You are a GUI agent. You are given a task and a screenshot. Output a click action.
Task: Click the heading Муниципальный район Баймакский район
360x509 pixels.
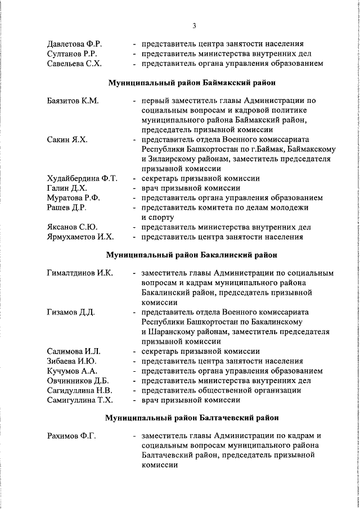click(192, 83)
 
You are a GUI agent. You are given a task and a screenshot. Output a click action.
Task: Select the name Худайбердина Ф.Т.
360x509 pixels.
click(82, 178)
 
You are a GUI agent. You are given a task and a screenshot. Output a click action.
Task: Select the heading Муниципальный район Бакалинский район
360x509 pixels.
click(192, 255)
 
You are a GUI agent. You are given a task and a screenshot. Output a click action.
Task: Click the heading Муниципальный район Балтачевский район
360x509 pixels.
click(192, 418)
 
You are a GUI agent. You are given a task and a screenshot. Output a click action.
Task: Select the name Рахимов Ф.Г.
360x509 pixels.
click(69, 436)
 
